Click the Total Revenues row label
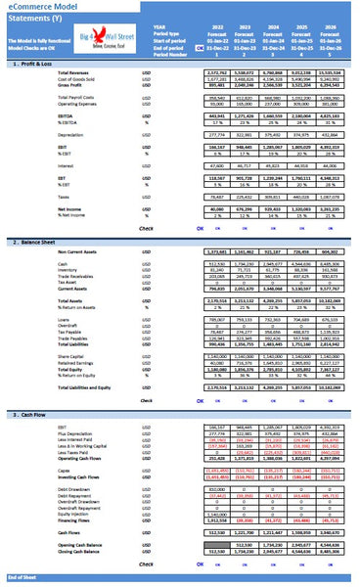[x=78, y=72]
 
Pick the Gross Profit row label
[x=73, y=84]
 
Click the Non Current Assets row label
[x=81, y=252]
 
